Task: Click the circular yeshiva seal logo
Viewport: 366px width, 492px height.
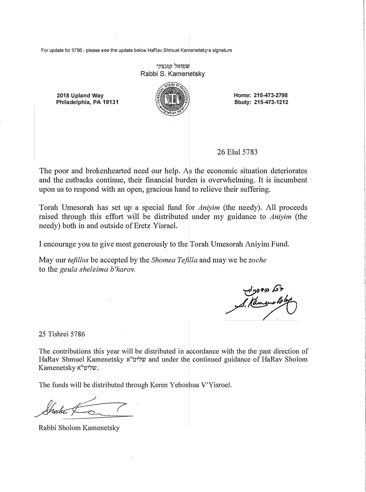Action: click(x=173, y=99)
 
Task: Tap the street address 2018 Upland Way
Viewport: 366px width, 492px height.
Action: click(x=80, y=96)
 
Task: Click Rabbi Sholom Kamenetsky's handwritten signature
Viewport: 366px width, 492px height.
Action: click(x=81, y=407)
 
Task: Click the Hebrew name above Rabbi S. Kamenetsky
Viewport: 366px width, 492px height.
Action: click(x=173, y=65)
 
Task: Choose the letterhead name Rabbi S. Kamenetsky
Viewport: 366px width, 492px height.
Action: click(x=173, y=74)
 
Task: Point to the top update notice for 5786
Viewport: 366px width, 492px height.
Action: click(x=137, y=50)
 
